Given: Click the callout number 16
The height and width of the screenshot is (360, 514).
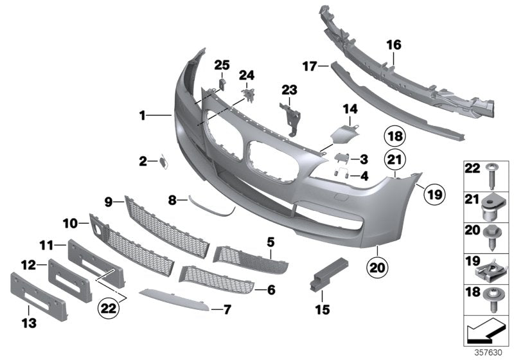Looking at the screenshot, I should click(x=393, y=45).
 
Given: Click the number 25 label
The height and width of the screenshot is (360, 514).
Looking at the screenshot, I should click(x=221, y=64).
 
